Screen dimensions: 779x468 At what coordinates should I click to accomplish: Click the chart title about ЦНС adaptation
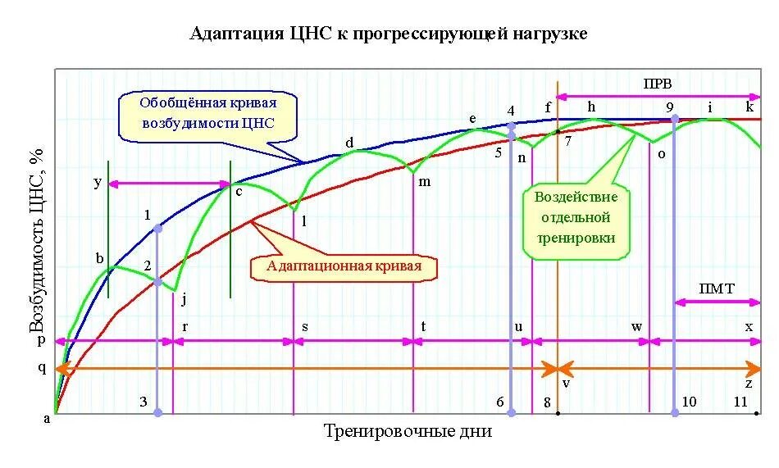pyautogui.click(x=389, y=34)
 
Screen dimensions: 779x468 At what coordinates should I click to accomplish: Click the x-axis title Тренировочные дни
pyautogui.click(x=408, y=431)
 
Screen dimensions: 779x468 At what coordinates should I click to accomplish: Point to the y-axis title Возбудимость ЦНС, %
pyautogui.click(x=37, y=243)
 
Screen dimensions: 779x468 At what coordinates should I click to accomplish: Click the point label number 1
pyautogui.click(x=148, y=216)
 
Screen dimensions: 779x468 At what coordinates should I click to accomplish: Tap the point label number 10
pyautogui.click(x=689, y=402)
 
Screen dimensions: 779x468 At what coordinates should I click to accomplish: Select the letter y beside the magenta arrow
pyautogui.click(x=98, y=182)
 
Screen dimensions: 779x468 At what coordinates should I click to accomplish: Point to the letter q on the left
pyautogui.click(x=43, y=368)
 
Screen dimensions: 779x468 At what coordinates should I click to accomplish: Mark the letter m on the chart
pyautogui.click(x=424, y=181)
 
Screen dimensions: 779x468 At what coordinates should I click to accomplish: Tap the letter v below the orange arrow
pyautogui.click(x=565, y=383)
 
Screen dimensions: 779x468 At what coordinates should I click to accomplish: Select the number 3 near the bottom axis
pyautogui.click(x=143, y=402)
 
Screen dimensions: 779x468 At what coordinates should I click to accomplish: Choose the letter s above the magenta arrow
pyautogui.click(x=305, y=326)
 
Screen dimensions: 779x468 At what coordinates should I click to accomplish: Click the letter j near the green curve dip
pyautogui.click(x=184, y=298)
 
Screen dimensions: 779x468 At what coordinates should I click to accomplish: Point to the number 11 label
pyautogui.click(x=740, y=402)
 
